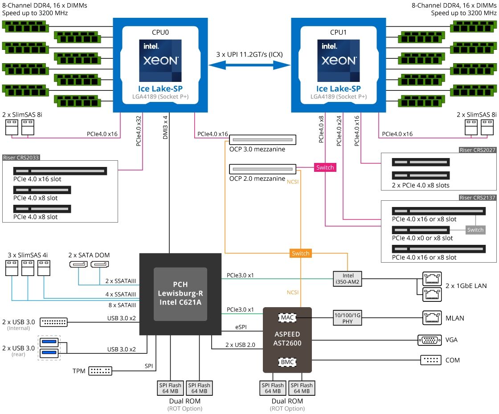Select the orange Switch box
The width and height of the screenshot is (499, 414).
[300, 253]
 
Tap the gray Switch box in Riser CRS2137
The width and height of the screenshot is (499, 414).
[475, 230]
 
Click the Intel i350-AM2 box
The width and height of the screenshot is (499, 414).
[348, 279]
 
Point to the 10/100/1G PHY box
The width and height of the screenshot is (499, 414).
[348, 318]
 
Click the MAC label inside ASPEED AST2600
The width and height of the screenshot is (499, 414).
[287, 318]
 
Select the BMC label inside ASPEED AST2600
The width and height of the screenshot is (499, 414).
[287, 361]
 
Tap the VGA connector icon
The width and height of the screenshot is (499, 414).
[430, 340]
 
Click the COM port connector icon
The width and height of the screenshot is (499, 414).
[430, 360]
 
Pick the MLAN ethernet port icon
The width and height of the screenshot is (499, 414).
[431, 318]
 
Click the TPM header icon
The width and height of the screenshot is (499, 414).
[100, 370]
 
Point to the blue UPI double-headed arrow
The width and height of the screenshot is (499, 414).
[249, 65]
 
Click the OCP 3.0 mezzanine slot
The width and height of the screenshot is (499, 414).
[262, 140]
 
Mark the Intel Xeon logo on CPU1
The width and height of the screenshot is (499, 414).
[339, 60]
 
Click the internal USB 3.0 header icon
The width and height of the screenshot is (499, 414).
[53, 322]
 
